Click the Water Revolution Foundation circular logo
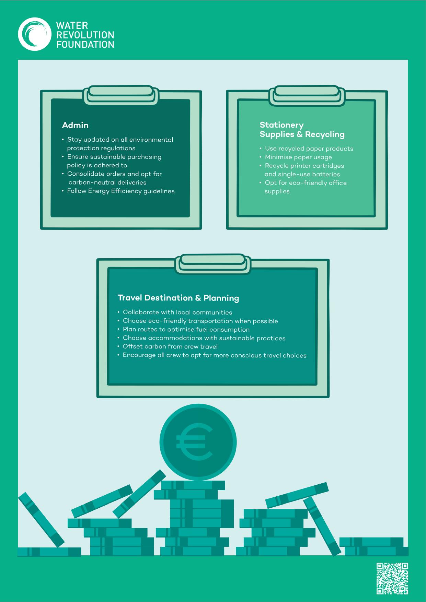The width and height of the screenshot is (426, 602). (x=34, y=35)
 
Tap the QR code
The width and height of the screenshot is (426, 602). (x=392, y=579)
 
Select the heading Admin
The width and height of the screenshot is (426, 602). (x=75, y=125)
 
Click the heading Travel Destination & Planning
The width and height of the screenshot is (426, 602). (x=178, y=298)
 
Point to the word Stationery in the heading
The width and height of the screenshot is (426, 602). (x=281, y=125)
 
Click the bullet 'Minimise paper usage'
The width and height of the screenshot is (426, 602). (x=298, y=157)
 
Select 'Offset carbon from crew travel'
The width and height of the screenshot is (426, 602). (x=170, y=346)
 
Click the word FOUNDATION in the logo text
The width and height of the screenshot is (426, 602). (x=85, y=45)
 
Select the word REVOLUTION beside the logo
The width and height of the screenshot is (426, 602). (x=85, y=35)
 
